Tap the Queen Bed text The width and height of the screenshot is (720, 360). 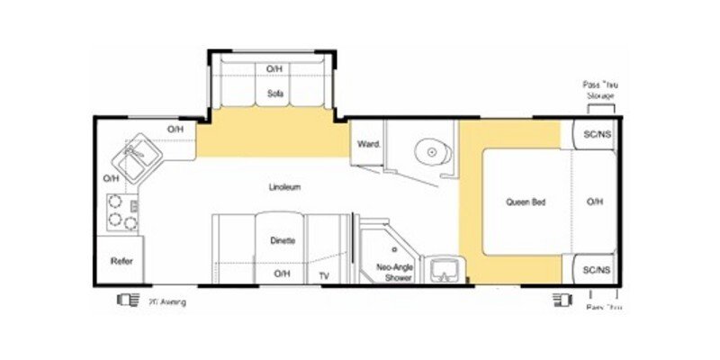[526, 202]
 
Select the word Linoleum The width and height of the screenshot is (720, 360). [283, 187]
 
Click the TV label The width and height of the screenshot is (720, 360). [324, 274]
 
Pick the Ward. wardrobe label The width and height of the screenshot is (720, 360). [366, 144]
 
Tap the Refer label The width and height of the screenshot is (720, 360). [121, 261]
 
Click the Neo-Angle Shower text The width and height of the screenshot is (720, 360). [393, 273]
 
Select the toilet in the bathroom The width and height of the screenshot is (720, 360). [431, 152]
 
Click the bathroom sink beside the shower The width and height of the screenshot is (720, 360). [444, 268]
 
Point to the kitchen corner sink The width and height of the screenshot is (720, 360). [139, 154]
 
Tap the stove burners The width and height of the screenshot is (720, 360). [118, 211]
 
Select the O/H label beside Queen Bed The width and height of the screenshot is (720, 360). [595, 202]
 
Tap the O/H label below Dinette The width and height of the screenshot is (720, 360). [282, 274]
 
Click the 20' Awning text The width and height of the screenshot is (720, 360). [167, 302]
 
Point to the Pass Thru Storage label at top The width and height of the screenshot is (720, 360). [600, 89]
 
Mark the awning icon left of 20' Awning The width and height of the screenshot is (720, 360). [125, 301]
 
